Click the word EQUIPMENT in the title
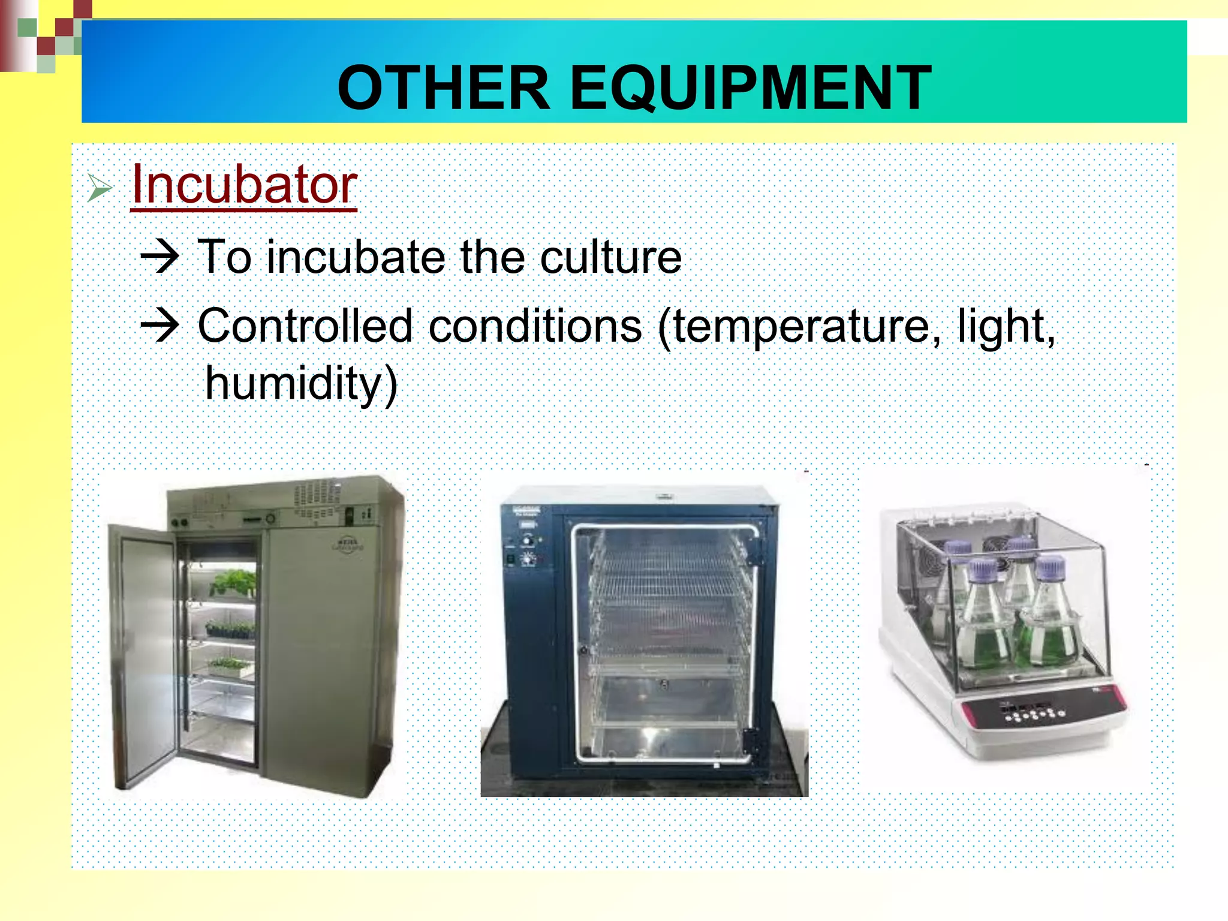click(750, 88)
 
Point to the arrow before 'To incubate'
click(159, 256)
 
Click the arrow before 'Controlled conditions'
click(159, 326)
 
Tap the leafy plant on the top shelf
click(234, 582)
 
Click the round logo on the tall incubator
click(348, 544)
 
